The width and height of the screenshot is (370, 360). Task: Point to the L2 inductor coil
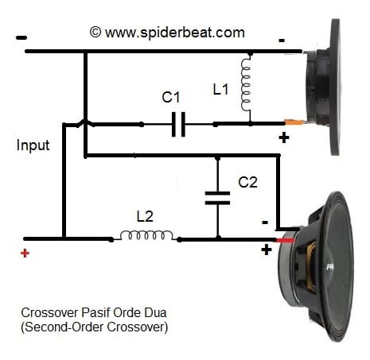pos(148,236)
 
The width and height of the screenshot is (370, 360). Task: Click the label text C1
pos(171,99)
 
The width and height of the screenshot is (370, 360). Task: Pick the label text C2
pos(247,182)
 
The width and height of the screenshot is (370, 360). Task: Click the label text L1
pos(223,89)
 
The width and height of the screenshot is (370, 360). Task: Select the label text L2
pos(146,215)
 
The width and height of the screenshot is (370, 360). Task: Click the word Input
pos(33,145)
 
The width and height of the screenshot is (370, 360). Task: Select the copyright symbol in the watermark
pos(95,32)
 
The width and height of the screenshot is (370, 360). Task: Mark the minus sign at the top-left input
pos(21,37)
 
